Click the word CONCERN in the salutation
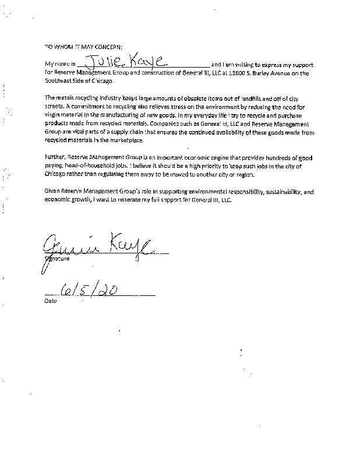coord(108,46)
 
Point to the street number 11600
coord(237,73)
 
